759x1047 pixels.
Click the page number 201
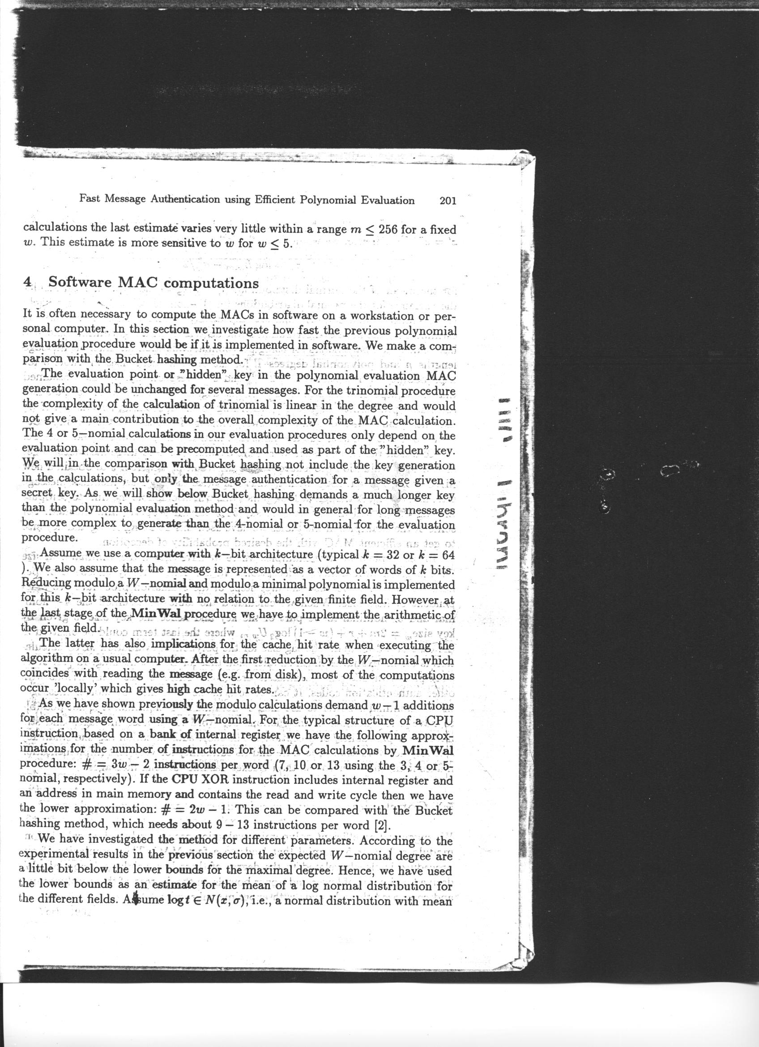click(x=448, y=201)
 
